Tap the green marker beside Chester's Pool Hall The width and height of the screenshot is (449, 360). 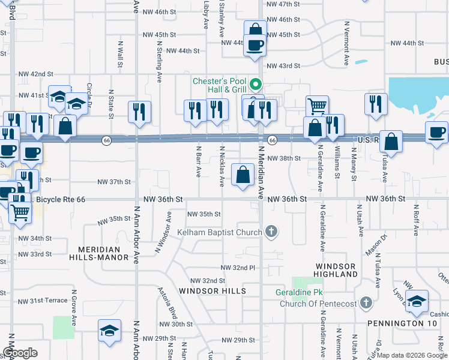tap(256, 83)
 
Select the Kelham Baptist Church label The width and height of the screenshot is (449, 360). tap(219, 232)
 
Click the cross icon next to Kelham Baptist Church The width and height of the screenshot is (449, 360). tap(272, 232)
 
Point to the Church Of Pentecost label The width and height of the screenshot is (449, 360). tap(318, 304)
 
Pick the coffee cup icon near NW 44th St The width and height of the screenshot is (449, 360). tap(255, 44)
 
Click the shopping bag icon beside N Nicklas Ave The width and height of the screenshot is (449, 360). tap(243, 175)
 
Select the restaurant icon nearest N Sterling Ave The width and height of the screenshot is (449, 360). tap(139, 111)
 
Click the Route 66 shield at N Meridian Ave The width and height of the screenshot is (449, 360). tap(272, 140)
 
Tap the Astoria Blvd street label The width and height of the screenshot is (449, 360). tap(168, 306)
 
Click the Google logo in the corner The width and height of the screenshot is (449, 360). tap(20, 353)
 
